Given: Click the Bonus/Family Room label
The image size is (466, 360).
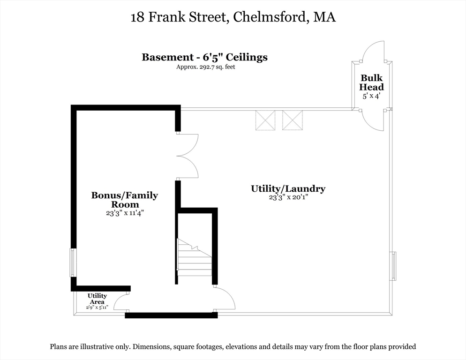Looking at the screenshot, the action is pyautogui.click(x=125, y=200).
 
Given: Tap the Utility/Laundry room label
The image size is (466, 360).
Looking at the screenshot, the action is pyautogui.click(x=288, y=189).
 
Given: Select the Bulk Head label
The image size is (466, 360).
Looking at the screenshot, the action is pyautogui.click(x=371, y=82).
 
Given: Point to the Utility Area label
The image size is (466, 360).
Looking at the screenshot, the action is pyautogui.click(x=97, y=299).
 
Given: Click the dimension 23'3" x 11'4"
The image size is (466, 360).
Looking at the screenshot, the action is pyautogui.click(x=125, y=213).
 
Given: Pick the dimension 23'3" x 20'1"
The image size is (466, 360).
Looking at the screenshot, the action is pyautogui.click(x=288, y=197).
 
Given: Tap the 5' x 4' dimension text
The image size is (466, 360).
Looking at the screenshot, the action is pyautogui.click(x=371, y=96).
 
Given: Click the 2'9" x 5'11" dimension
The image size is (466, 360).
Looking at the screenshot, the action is pyautogui.click(x=97, y=307).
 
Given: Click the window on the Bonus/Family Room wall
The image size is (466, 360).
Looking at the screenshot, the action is pyautogui.click(x=73, y=262).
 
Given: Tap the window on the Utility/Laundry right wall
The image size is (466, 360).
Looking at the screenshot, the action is pyautogui.click(x=393, y=266).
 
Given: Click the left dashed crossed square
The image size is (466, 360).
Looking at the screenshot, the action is pyautogui.click(x=265, y=120).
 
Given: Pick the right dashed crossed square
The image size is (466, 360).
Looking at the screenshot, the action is pyautogui.click(x=293, y=120).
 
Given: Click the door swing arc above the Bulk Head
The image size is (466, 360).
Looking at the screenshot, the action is pyautogui.click(x=373, y=52).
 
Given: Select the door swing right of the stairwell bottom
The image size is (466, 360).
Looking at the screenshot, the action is pyautogui.click(x=225, y=299).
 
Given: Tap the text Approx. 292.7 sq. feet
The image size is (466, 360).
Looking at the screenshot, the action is pyautogui.click(x=206, y=67).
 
